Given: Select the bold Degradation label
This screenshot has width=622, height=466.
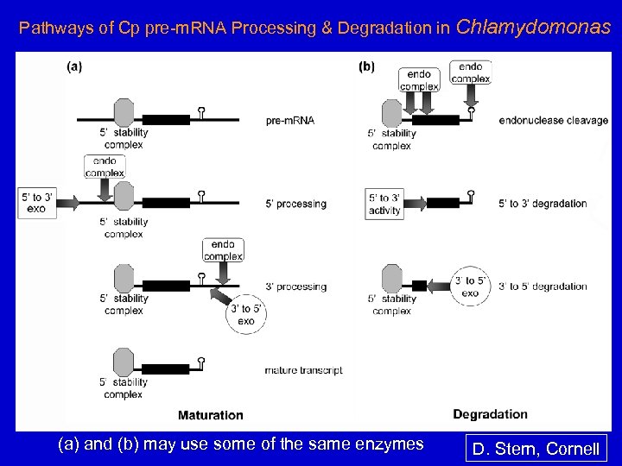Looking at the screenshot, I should [x=490, y=413].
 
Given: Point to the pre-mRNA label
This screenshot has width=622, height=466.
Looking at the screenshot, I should [x=291, y=120].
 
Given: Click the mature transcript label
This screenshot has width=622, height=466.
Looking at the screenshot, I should [x=304, y=370].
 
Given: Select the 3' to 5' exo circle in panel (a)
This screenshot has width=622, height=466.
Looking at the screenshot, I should [x=245, y=315].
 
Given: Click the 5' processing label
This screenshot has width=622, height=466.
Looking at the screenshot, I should [x=296, y=204].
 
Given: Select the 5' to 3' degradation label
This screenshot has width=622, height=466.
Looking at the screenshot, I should [x=543, y=204].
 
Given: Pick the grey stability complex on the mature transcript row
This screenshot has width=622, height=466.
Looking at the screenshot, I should [x=124, y=360].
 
